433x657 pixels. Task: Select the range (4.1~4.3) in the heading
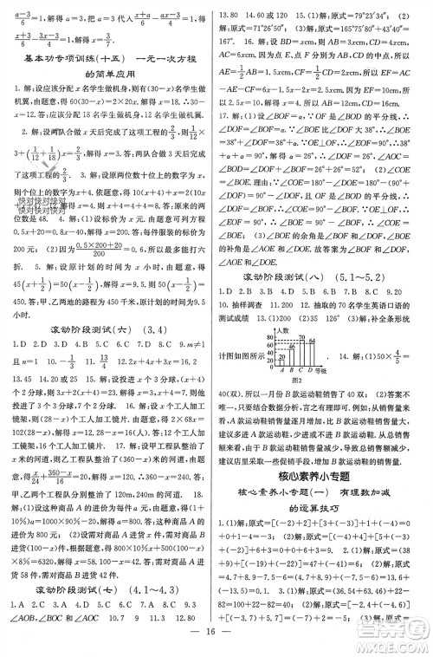pyautogui.click(x=159, y=593)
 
